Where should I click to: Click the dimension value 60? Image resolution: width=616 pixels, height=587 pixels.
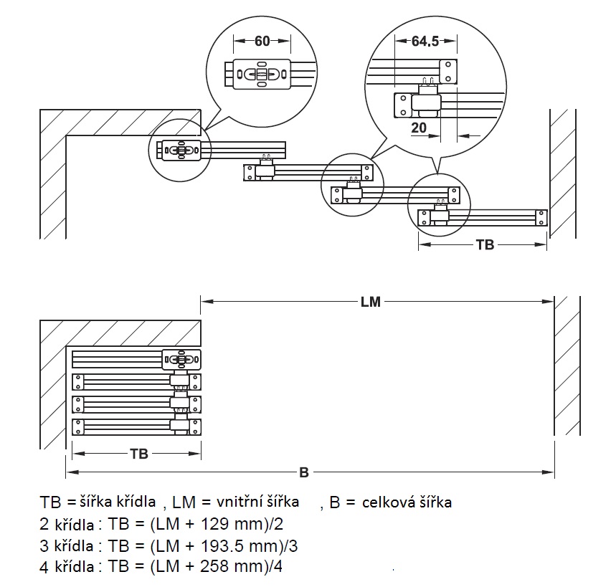[262, 41]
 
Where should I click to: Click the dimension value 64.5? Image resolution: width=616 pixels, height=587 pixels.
[425, 41]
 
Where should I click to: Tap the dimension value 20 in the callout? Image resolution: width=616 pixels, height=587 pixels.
[419, 128]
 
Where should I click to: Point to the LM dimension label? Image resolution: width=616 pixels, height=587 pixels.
[371, 302]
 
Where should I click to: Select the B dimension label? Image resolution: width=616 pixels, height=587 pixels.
[304, 472]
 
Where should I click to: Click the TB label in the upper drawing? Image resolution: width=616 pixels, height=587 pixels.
[485, 244]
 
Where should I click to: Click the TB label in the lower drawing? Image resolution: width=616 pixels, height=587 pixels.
[139, 454]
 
